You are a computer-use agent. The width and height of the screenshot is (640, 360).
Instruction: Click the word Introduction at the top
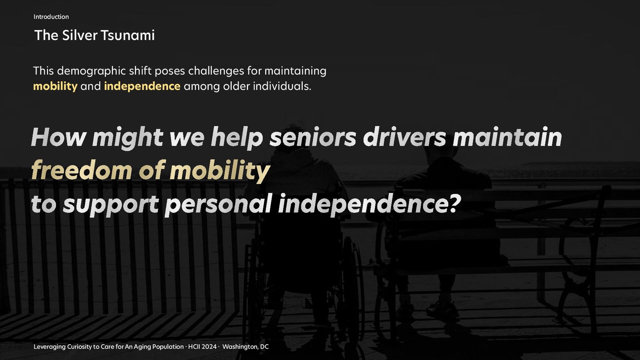pyautogui.click(x=51, y=17)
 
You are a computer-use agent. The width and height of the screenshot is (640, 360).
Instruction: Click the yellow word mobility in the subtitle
pyautogui.click(x=55, y=86)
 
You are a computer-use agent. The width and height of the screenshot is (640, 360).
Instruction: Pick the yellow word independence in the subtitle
pyautogui.click(x=142, y=86)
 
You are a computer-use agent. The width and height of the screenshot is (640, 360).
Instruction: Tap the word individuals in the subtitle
pyautogui.click(x=282, y=86)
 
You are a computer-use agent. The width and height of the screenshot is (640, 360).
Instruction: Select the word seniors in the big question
pyautogui.click(x=313, y=137)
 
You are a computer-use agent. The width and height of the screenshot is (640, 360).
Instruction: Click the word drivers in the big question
pyautogui.click(x=404, y=137)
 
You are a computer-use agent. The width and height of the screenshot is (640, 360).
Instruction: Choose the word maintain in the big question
pyautogui.click(x=507, y=137)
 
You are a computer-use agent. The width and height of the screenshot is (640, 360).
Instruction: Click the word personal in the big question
pyautogui.click(x=219, y=204)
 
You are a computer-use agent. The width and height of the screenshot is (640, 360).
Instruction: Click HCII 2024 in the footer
pyautogui.click(x=202, y=347)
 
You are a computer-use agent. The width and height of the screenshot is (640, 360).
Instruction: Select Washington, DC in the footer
pyautogui.click(x=245, y=347)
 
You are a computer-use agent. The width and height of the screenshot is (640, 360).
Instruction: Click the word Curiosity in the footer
pyautogui.click(x=79, y=347)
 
